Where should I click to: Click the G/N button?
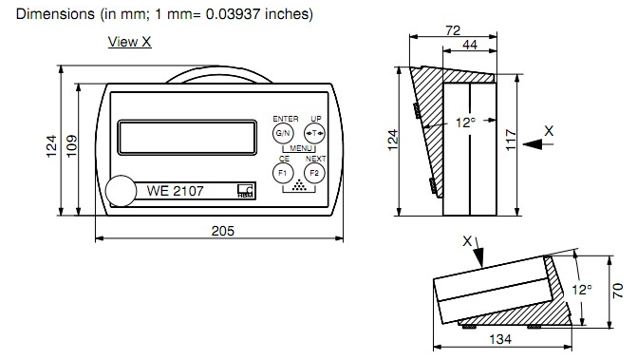(283, 133)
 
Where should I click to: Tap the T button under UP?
(314, 133)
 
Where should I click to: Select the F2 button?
(314, 173)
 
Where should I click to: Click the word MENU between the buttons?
(301, 148)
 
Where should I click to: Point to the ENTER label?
(286, 119)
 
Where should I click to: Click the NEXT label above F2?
(316, 159)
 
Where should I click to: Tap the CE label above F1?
(284, 159)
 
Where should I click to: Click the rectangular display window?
(187, 138)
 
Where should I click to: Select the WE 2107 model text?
(175, 191)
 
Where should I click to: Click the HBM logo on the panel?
(245, 191)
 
